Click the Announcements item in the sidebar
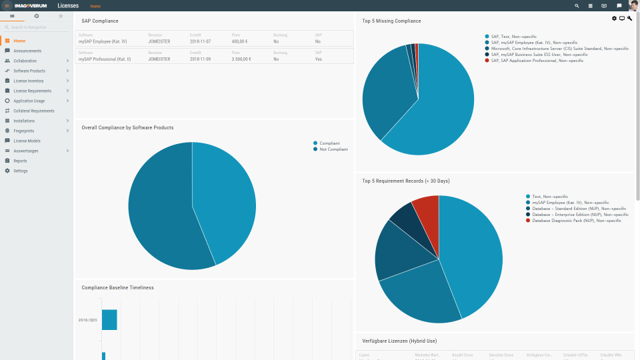click(x=27, y=51)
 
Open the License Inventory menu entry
click(x=29, y=81)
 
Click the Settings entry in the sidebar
click(x=21, y=171)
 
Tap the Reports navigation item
click(x=20, y=161)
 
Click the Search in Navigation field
click(x=36, y=27)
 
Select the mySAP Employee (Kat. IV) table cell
click(x=102, y=41)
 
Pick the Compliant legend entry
click(x=329, y=143)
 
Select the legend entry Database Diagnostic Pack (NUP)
click(x=577, y=220)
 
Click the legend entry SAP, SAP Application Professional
click(x=537, y=61)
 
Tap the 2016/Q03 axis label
click(x=87, y=320)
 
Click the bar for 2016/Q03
click(x=109, y=320)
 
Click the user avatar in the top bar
click(x=633, y=5)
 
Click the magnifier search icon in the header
click(x=577, y=6)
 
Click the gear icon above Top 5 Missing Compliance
click(x=615, y=19)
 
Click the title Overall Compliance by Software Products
click(x=127, y=127)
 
